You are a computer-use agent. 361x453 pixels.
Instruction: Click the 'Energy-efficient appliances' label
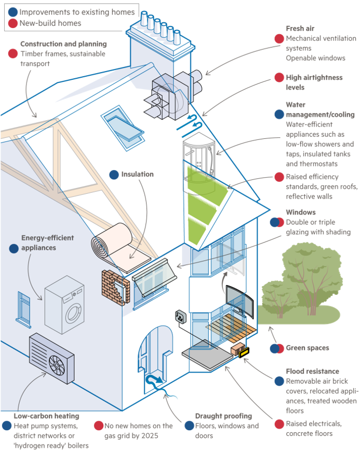(47, 243)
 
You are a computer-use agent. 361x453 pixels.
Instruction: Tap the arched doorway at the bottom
(155, 352)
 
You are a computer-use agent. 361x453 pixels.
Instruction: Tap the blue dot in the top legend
(11, 11)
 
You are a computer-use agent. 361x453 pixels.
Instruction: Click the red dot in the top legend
(11, 23)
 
